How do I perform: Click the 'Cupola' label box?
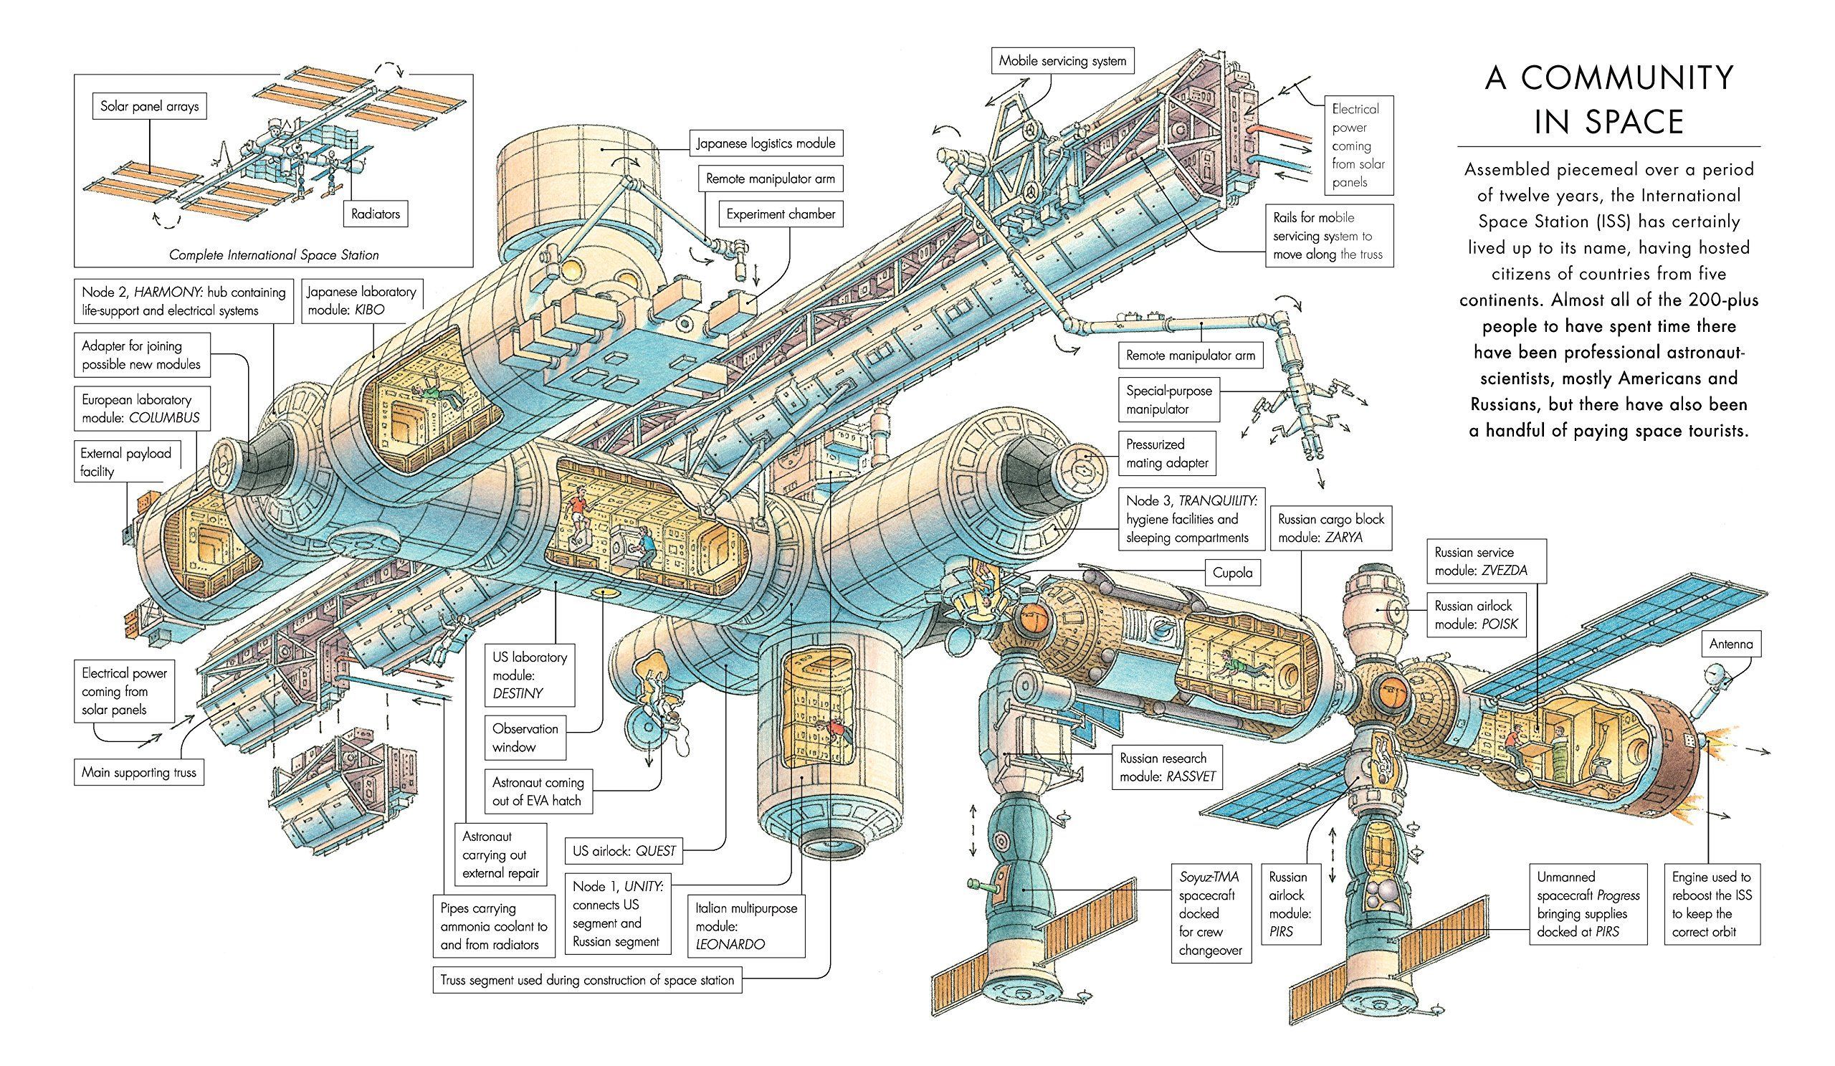coord(1233,572)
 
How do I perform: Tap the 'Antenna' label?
coord(1731,644)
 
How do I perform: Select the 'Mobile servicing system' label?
coord(1062,61)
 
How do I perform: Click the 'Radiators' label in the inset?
coord(376,214)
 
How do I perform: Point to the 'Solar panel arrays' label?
coord(149,106)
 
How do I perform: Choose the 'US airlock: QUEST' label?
coord(624,850)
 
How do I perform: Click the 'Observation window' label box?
coord(525,738)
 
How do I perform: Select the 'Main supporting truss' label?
coord(139,772)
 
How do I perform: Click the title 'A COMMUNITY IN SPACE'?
coord(1608,100)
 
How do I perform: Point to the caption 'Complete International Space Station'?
coord(274,254)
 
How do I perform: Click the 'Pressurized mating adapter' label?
coord(1167,453)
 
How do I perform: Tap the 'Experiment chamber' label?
coord(781,214)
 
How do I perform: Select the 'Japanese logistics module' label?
coord(766,143)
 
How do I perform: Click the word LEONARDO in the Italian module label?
coord(730,944)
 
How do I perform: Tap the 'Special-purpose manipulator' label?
coord(1168,400)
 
